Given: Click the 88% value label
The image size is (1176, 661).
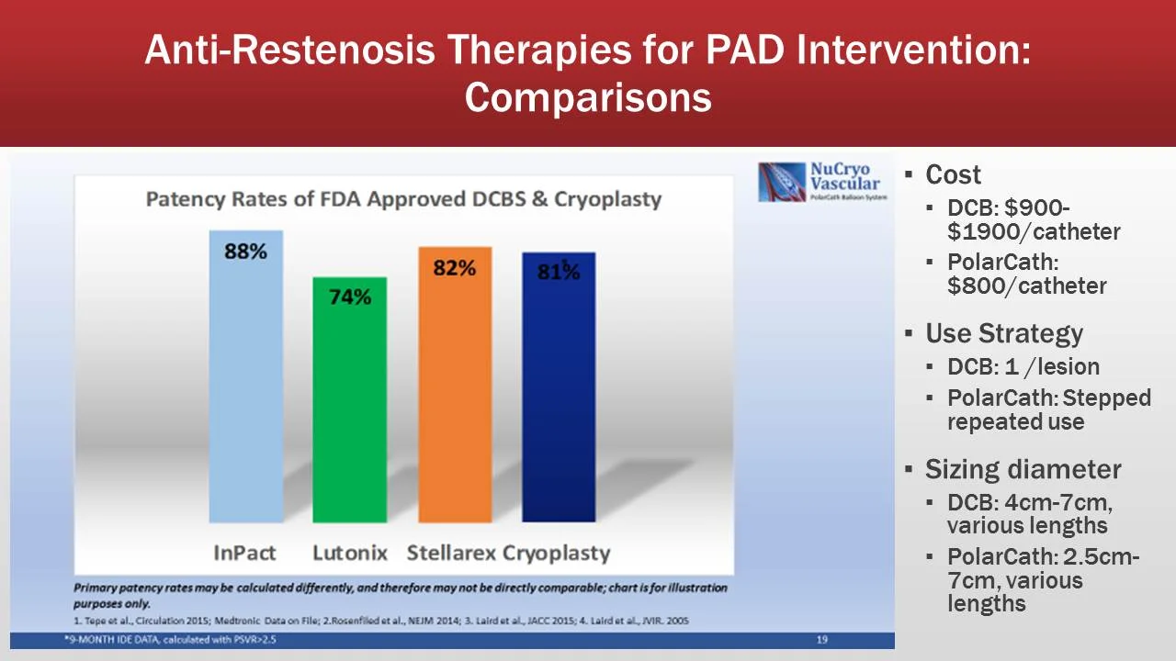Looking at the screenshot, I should click(245, 251).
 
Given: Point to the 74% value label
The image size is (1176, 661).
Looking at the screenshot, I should click(349, 297).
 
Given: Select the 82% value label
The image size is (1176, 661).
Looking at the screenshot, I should click(455, 268).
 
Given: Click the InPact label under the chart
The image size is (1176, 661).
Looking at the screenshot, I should click(244, 553).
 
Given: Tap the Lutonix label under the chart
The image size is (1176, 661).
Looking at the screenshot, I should click(349, 553).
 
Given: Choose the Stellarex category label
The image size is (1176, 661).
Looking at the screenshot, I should click(452, 553).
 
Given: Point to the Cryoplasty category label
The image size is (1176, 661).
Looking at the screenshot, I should click(556, 553).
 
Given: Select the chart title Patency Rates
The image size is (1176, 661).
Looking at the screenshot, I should click(403, 199).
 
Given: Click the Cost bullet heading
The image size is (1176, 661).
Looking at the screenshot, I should click(953, 174).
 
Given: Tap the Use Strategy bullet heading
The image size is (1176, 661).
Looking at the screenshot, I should click(1003, 332).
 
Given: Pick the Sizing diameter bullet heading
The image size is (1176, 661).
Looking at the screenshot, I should click(1023, 469).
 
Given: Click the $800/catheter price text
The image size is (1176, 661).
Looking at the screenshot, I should click(1026, 286).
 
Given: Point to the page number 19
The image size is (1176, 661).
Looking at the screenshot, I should click(822, 640).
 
